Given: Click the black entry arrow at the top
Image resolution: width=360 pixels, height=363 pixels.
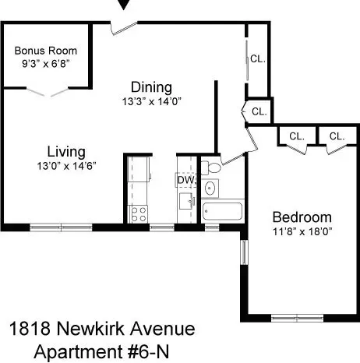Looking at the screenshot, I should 124,5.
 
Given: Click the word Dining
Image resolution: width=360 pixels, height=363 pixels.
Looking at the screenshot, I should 150,87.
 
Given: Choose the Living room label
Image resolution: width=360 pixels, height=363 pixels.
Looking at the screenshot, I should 65,151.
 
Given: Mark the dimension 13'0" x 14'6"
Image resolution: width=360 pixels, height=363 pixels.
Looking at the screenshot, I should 65,165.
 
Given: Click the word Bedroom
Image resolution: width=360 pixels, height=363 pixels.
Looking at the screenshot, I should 302,217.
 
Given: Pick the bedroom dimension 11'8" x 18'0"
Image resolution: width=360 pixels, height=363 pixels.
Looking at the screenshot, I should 302,231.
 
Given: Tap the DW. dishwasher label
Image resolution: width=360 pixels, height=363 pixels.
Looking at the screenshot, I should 185,180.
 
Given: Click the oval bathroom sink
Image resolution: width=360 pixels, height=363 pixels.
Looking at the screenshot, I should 210,189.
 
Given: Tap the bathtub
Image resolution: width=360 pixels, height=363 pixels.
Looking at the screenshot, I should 221,211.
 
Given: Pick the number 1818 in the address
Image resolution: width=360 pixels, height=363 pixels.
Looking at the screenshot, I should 35,330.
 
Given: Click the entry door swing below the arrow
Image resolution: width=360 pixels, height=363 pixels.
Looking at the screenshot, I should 122,29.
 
